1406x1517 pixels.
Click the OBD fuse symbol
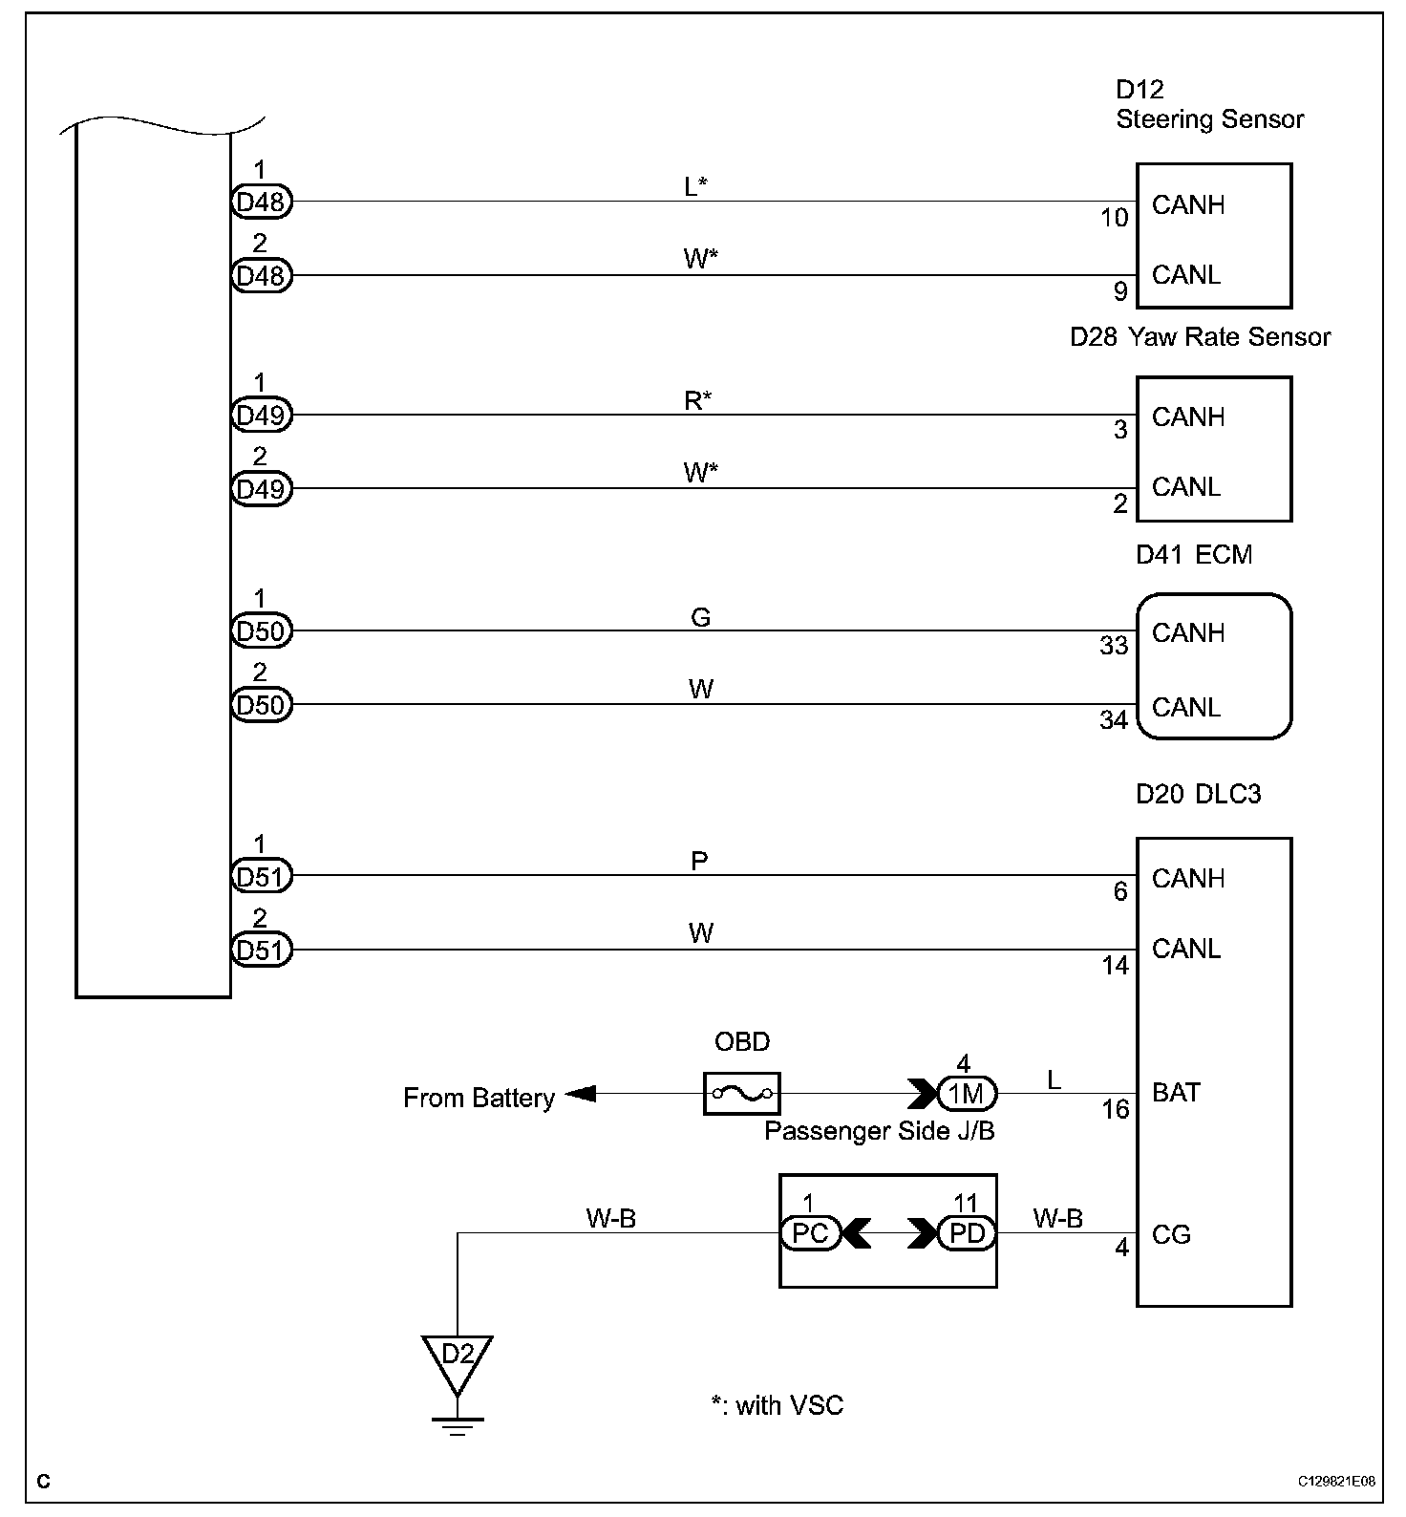click(741, 1093)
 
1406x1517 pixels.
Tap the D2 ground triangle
click(458, 1357)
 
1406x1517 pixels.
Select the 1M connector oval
click(967, 1093)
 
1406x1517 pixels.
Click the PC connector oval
click(810, 1233)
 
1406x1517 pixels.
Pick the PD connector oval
click(967, 1233)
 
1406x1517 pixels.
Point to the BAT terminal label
click(1176, 1093)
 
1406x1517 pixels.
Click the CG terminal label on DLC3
click(1171, 1235)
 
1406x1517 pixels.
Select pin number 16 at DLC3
click(1116, 1110)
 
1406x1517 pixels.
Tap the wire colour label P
click(699, 861)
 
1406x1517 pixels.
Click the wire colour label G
click(700, 618)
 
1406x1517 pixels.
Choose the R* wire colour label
click(699, 401)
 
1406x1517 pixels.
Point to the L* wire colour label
click(695, 187)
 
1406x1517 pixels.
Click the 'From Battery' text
click(479, 1099)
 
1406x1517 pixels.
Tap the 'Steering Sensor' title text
click(1209, 119)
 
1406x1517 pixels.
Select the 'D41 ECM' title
click(1194, 555)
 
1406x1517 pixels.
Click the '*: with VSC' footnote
click(778, 1405)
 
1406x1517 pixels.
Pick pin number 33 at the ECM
click(1114, 647)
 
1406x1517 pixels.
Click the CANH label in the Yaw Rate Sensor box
click(1188, 417)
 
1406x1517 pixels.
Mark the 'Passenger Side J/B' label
click(879, 1132)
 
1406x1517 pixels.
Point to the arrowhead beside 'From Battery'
click(581, 1094)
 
